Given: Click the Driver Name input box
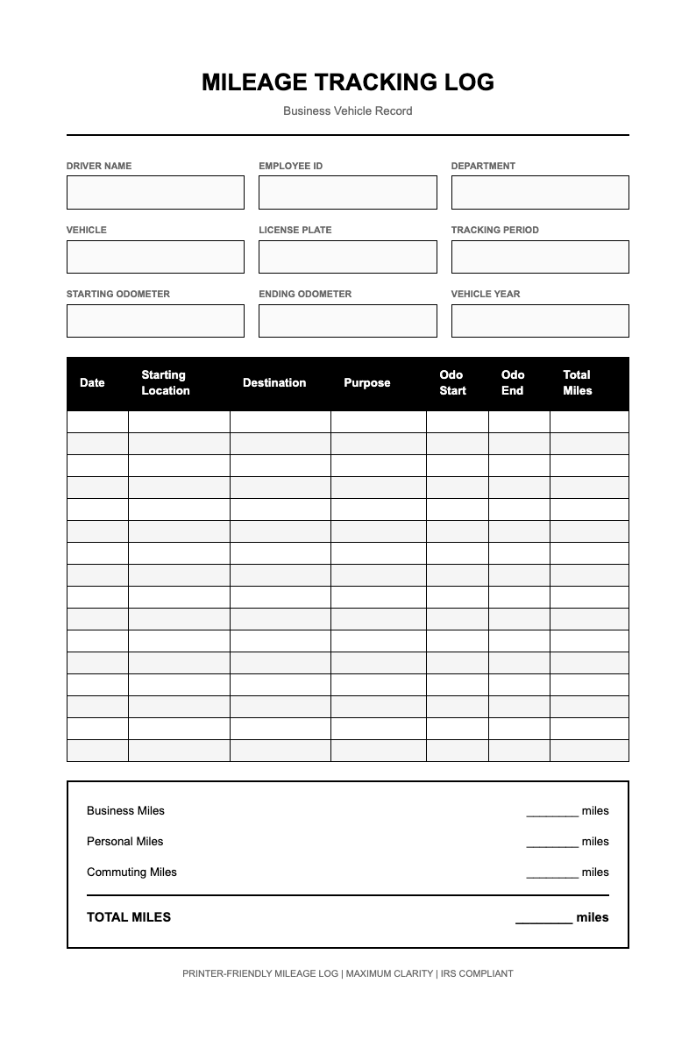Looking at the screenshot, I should (x=155, y=192).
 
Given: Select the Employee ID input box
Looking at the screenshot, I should (x=347, y=192).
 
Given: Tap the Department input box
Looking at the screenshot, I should (x=540, y=192).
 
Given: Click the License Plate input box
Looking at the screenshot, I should (x=347, y=257).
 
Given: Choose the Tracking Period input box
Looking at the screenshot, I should (x=540, y=257).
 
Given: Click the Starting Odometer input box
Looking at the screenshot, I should (x=155, y=321).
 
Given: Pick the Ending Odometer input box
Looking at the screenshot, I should (x=347, y=321).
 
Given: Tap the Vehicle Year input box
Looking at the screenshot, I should (x=540, y=321).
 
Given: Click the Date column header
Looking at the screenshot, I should (x=92, y=383).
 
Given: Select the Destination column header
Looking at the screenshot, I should (x=274, y=383).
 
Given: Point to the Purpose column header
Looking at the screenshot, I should (x=366, y=383).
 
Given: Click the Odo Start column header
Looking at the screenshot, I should (x=452, y=383).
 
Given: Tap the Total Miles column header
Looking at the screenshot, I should (x=577, y=383).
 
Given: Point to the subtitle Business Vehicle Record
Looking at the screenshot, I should (x=347, y=111).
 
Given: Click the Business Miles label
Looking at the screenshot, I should (x=125, y=811).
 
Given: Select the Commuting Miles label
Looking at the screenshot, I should (x=131, y=872).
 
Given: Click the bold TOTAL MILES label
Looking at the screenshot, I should (x=129, y=917).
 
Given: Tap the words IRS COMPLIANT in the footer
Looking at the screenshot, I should (x=477, y=973).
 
